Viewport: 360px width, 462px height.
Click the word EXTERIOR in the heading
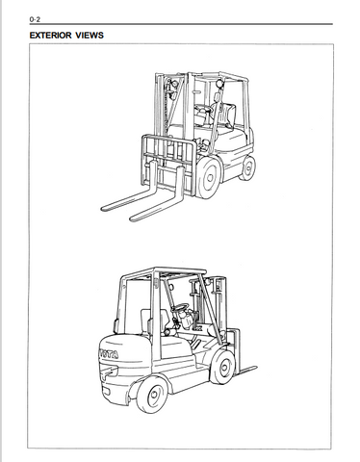(51, 36)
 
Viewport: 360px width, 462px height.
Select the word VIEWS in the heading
(90, 36)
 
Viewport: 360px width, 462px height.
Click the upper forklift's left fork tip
(107, 207)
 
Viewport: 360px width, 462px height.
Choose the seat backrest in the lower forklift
(145, 322)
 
